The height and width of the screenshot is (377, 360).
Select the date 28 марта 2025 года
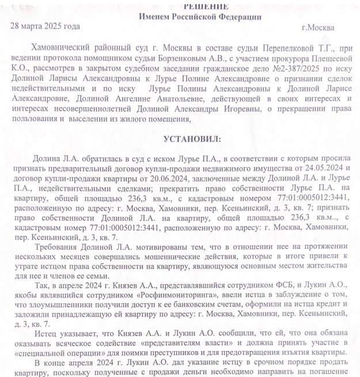[46, 27]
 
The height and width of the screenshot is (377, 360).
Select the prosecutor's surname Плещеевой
[323, 59]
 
